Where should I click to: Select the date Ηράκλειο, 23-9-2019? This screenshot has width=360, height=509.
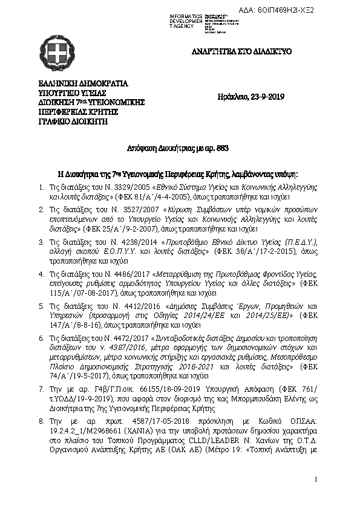(x=250, y=97)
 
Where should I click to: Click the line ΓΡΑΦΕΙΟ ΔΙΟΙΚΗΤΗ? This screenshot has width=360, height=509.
(x=73, y=121)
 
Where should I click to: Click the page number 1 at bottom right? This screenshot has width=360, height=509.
(x=316, y=479)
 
